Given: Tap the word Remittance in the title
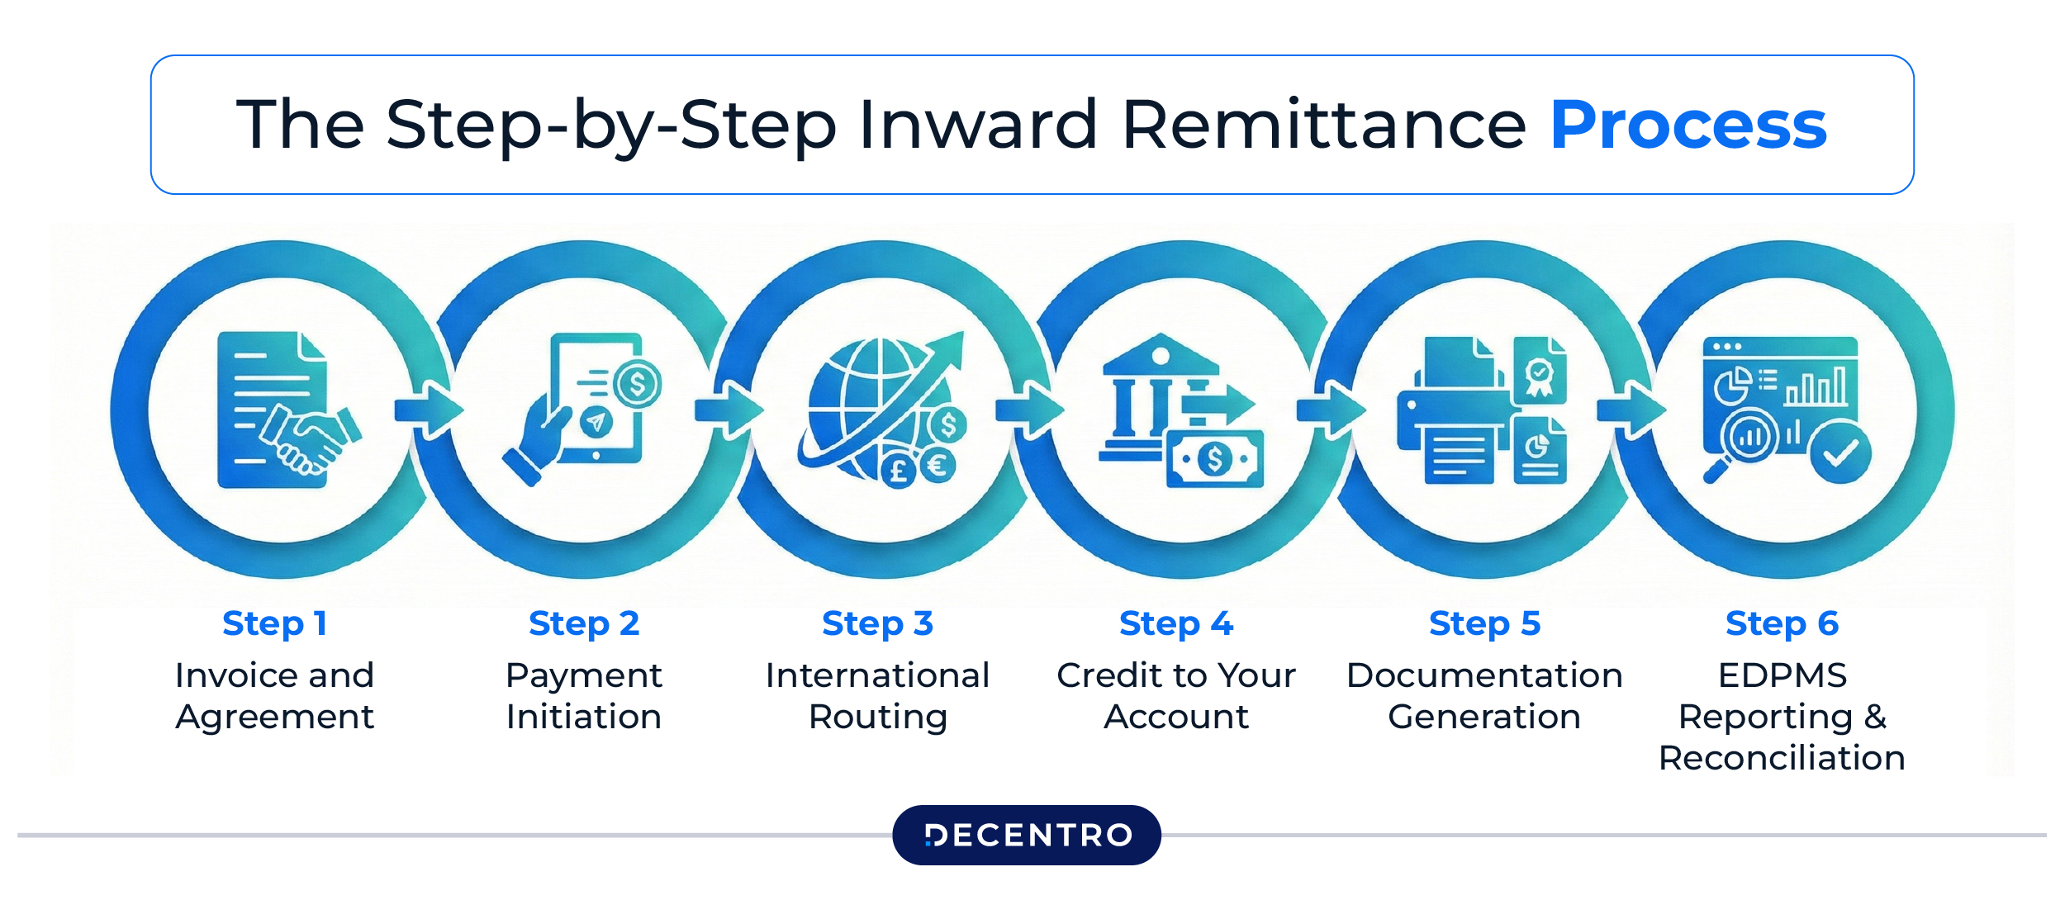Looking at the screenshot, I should click(x=1324, y=126).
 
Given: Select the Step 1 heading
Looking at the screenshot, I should click(x=275, y=624).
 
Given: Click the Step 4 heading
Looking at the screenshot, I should click(x=1176, y=624).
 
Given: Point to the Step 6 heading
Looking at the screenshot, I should click(x=1782, y=624).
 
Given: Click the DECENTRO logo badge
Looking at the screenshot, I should click(x=1027, y=836).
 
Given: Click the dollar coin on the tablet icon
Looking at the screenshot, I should click(x=637, y=384).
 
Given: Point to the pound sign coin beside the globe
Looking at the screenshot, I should click(x=898, y=471).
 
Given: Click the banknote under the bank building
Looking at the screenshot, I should click(x=1214, y=459).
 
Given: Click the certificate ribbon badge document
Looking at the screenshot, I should click(x=1539, y=372).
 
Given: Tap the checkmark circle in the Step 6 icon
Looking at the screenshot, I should click(x=1840, y=452).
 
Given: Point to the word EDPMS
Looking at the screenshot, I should click(x=1782, y=676).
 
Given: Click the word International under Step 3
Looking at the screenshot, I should click(x=877, y=676).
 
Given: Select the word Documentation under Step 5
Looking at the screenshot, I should click(x=1484, y=676).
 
